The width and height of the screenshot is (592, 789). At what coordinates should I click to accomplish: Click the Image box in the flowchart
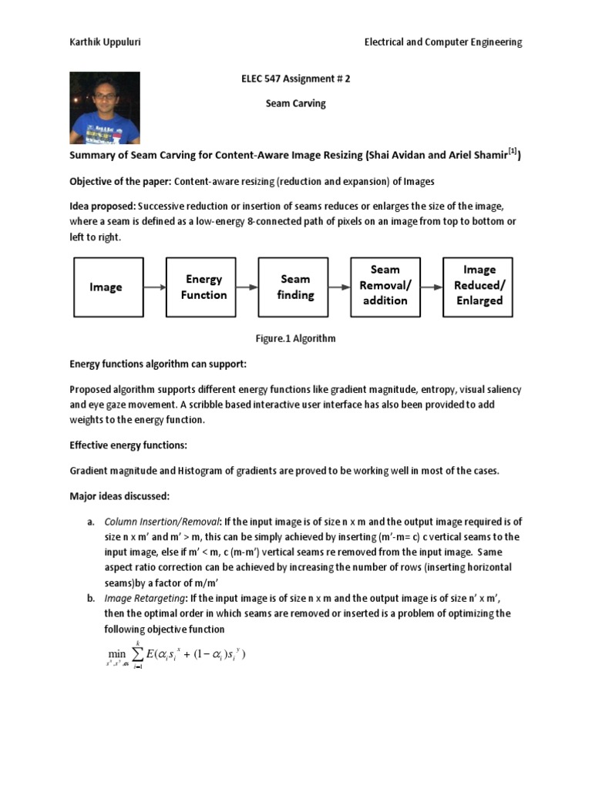tap(106, 287)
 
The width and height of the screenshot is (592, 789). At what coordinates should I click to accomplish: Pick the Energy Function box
tap(203, 287)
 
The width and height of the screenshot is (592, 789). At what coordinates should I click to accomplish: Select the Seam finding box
tap(295, 287)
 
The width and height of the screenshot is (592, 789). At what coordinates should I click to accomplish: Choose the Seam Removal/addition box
tap(385, 285)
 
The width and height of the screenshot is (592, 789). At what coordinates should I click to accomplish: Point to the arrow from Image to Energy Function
tap(154, 287)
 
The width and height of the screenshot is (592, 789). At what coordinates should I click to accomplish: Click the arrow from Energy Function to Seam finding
tap(247, 287)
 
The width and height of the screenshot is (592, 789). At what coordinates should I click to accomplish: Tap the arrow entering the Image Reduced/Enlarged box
tap(431, 287)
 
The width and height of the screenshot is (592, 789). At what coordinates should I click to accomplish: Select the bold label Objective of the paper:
tap(120, 181)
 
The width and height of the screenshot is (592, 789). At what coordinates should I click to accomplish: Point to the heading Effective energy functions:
tap(128, 445)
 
